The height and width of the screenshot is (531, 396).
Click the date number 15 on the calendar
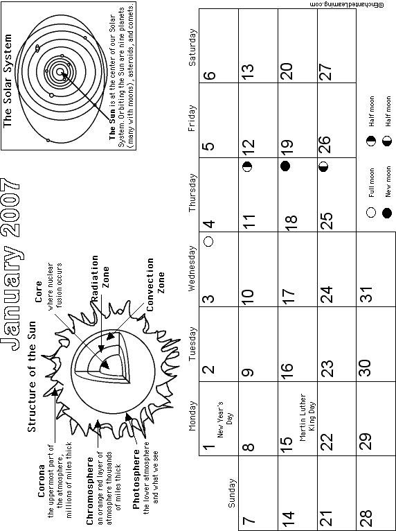coord(287,441)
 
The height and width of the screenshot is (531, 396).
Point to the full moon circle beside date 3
coord(209,241)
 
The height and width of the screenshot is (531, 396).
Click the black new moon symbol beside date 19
coord(285,166)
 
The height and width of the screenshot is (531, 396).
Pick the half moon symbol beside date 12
coord(248,166)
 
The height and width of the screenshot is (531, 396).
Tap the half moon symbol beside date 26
coord(323,166)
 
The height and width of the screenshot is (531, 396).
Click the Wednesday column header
coord(192,268)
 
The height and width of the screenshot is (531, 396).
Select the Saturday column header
coord(192,47)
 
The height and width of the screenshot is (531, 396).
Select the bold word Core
coord(38,292)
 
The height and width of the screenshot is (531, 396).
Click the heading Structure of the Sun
coord(31,376)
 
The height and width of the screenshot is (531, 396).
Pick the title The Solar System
coord(7,80)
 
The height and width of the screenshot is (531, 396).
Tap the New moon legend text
coord(388,182)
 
